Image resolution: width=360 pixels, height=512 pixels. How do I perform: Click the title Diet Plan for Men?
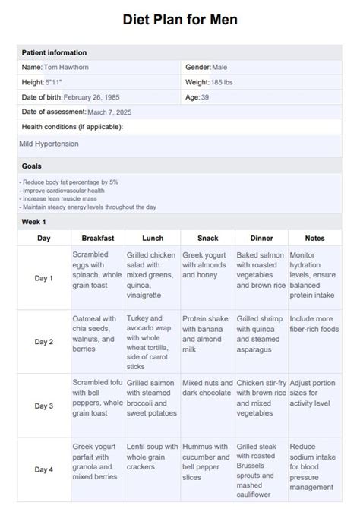180,20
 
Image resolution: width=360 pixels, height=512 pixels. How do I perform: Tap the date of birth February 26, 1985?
93,97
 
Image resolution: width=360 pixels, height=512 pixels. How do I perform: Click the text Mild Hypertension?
49,143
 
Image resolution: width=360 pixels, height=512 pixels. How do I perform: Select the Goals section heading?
32,166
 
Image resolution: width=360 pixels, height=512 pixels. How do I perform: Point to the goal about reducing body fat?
69,182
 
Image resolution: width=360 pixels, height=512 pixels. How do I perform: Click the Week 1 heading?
34,222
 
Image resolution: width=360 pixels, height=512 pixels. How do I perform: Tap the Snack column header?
207,238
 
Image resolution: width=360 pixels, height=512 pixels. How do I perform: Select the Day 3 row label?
44,406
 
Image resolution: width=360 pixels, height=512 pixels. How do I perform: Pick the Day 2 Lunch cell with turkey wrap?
151,342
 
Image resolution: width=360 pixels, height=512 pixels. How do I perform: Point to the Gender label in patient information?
197,67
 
